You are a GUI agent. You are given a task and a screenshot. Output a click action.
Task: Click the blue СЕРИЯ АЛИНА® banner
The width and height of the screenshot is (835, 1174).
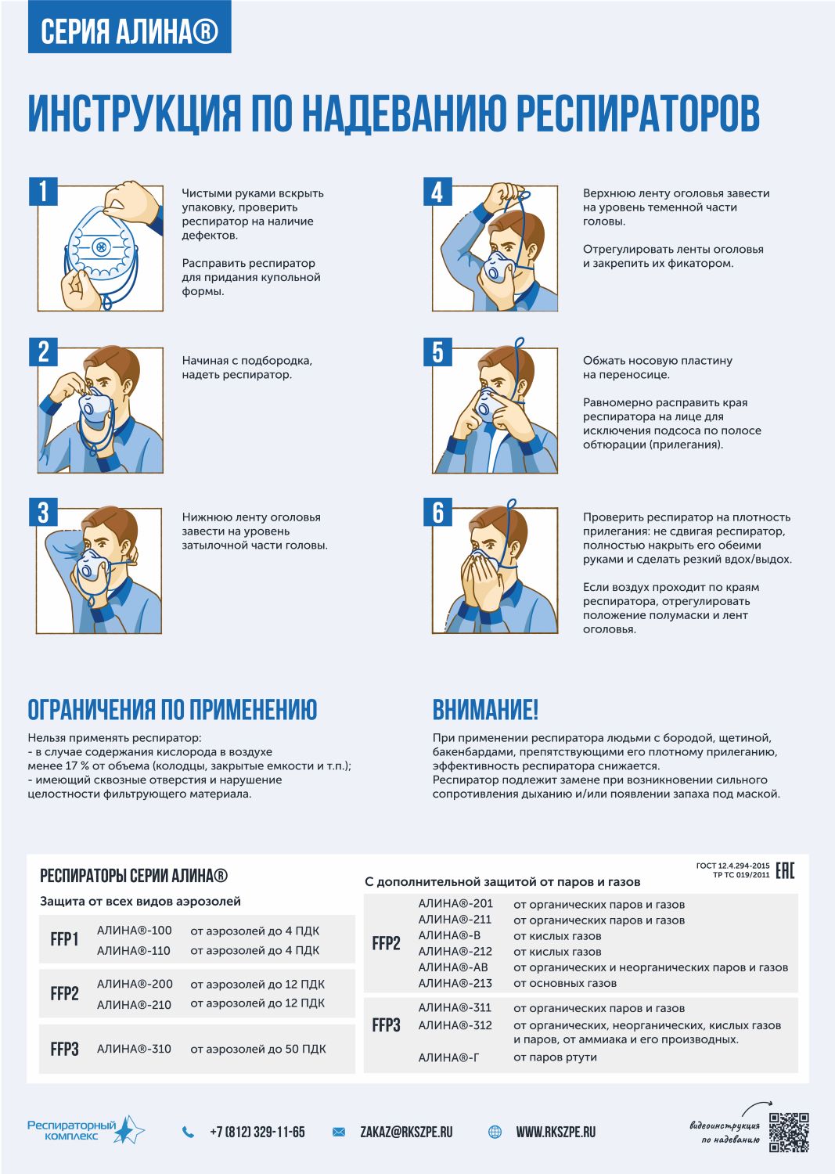point(129,27)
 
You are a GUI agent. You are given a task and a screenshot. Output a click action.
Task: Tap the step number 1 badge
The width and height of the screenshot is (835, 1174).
point(43,191)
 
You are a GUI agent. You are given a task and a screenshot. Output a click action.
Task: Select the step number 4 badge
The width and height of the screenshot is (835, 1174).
point(437,191)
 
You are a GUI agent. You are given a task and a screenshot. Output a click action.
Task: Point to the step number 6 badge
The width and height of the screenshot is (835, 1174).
point(437,512)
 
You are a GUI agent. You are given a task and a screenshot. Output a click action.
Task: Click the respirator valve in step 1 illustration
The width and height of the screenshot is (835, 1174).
point(101,247)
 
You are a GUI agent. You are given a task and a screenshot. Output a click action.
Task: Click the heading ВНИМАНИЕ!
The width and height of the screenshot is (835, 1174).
point(485,710)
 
